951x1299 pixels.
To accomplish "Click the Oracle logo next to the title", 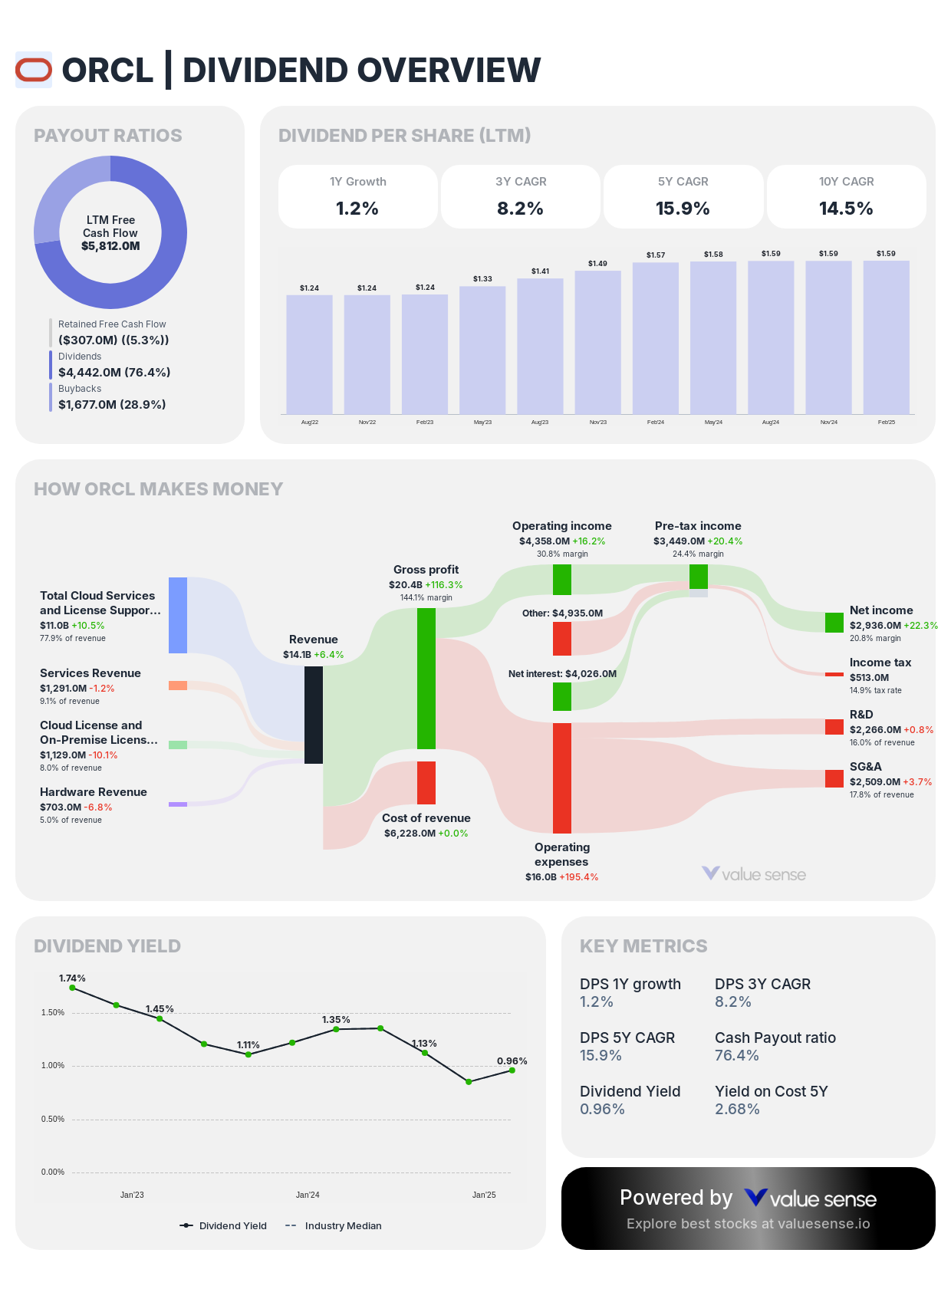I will tap(34, 70).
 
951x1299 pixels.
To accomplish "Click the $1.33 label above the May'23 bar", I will tap(482, 278).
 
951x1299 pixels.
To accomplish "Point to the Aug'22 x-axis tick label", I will tap(309, 423).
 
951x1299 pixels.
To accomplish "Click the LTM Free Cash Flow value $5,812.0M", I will tap(110, 246).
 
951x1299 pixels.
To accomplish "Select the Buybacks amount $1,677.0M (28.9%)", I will tap(112, 404).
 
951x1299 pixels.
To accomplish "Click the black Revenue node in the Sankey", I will tap(313, 715).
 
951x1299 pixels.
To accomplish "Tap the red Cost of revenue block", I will tap(426, 782).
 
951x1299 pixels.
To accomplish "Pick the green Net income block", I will tap(834, 622).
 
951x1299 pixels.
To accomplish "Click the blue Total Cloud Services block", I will tap(178, 615).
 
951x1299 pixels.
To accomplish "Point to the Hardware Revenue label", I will tap(94, 792).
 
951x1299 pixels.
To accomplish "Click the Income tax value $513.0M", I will tap(869, 677).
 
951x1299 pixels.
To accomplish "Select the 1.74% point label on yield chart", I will tap(72, 978).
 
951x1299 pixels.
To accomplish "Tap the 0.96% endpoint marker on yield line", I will tap(512, 1070).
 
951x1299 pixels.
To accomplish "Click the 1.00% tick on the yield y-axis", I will tap(53, 1066).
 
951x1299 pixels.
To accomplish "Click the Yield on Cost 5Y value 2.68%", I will tap(737, 1109).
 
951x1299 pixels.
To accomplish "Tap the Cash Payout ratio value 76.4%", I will tap(736, 1055).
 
